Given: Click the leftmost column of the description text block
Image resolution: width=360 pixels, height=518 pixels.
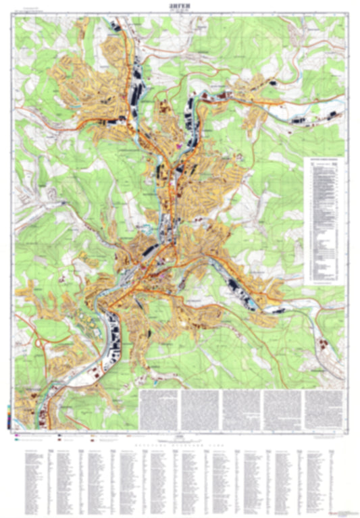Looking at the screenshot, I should [x=159, y=408].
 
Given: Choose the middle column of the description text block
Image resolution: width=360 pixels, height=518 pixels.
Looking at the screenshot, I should [x=241, y=408].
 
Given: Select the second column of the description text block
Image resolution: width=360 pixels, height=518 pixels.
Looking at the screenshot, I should [x=200, y=408].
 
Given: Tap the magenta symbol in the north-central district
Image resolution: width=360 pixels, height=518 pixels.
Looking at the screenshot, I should [x=178, y=144].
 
